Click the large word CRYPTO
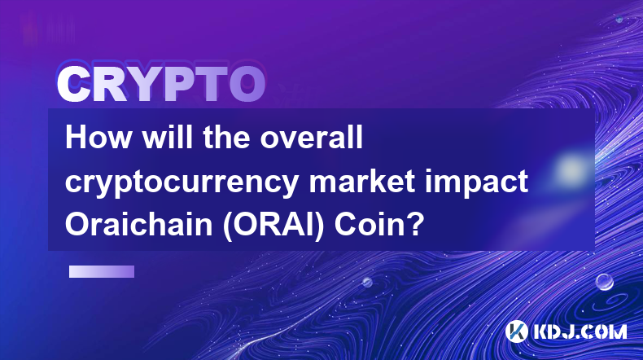pos(161,84)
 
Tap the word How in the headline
pos(98,137)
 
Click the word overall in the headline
pos(312,137)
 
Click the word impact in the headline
pos(476,182)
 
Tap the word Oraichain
pos(139,225)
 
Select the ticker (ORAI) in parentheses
pos(273,226)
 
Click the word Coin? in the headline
pos(379,225)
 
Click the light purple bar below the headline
pos(102,272)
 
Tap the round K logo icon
pos(516,331)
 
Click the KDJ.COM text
pos(580,331)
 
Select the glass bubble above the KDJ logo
pos(605,282)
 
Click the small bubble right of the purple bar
pos(367,282)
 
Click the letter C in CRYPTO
pos(74,84)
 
